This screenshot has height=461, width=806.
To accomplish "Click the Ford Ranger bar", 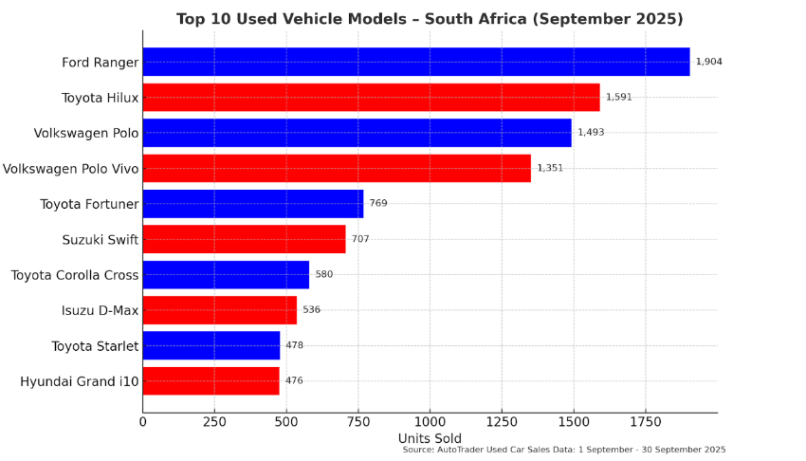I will point(415,62).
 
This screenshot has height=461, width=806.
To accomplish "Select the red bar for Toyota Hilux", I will point(371,97).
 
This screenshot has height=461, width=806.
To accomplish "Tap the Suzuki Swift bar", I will point(244,239).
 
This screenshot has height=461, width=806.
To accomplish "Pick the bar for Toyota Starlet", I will point(211,345).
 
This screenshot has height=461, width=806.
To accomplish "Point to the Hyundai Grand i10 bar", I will point(211,380).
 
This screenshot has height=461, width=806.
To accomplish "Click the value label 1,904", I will point(708,62).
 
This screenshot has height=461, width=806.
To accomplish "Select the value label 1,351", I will point(550,168).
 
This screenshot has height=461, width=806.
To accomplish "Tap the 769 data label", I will point(377,203).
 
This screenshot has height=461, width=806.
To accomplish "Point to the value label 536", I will point(311,310).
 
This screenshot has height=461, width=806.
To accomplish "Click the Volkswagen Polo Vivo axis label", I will point(70,169).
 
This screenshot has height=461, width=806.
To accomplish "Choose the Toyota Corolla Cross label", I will point(74,275).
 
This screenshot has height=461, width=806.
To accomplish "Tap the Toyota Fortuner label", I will point(89,204).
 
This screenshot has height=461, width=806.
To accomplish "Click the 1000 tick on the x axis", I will point(430,421).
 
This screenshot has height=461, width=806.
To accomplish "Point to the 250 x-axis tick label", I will point(214,421).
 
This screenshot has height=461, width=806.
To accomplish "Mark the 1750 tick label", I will point(645,421).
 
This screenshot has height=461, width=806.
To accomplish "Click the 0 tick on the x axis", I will point(143,421).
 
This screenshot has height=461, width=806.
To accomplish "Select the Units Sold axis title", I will point(430,438).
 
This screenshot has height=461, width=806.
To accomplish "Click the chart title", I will point(430,19).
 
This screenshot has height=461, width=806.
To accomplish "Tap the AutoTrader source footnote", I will point(563,450).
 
